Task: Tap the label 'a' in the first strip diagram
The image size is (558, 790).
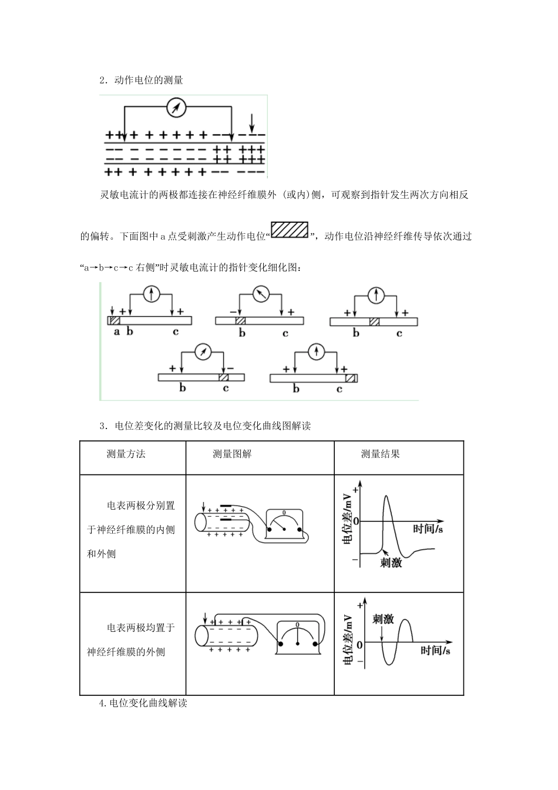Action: pyautogui.click(x=116, y=332)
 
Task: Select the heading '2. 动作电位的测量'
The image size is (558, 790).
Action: pyautogui.click(x=142, y=80)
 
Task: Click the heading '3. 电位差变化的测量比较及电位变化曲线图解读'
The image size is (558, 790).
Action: pyautogui.click(x=205, y=426)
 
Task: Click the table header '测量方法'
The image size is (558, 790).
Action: pyautogui.click(x=126, y=454)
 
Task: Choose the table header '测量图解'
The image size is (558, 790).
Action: pyautogui.click(x=232, y=454)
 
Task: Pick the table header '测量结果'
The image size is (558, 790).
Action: pyautogui.click(x=380, y=454)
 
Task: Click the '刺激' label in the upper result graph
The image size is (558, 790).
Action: pyautogui.click(x=391, y=563)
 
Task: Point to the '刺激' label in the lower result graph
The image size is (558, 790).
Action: pyautogui.click(x=383, y=619)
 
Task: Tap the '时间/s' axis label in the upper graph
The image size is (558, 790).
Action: pyautogui.click(x=428, y=529)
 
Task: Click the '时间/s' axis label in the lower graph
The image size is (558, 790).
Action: pyautogui.click(x=435, y=651)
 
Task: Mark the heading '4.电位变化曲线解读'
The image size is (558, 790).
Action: pyautogui.click(x=143, y=702)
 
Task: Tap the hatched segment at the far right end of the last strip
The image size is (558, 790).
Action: pyautogui.click(x=351, y=378)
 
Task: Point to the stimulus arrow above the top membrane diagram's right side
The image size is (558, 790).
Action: pyautogui.click(x=252, y=122)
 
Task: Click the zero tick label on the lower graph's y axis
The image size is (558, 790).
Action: pyautogui.click(x=359, y=644)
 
